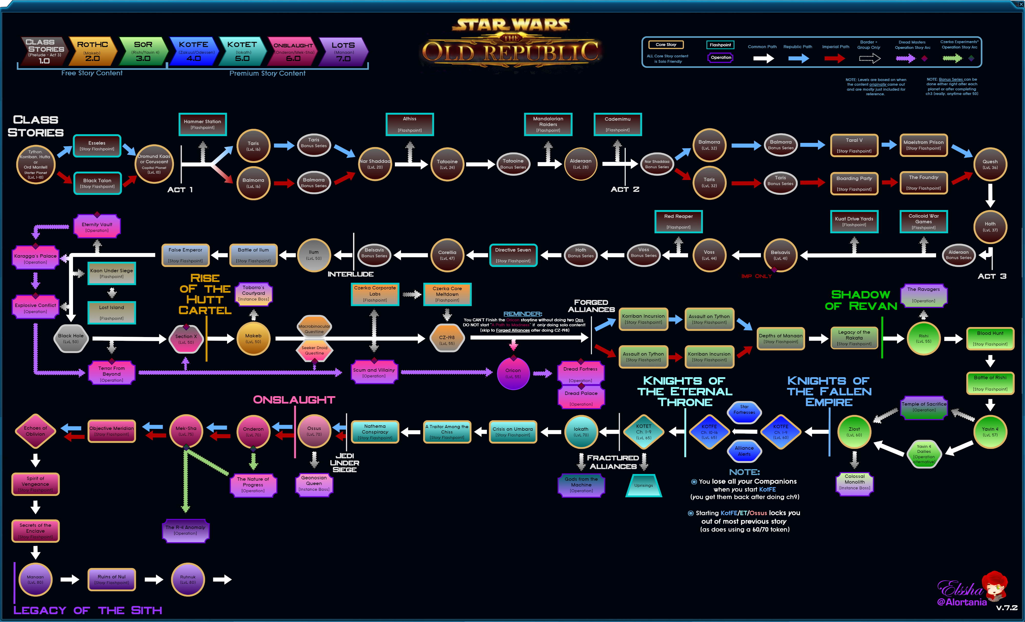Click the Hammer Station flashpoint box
203,124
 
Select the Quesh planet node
990,164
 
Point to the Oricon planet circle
513,373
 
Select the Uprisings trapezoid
643,485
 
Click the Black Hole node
71,339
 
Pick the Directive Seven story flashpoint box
513,255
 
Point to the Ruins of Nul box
111,579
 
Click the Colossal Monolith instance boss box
854,482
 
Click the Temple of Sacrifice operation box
924,407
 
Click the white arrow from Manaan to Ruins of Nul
69,579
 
